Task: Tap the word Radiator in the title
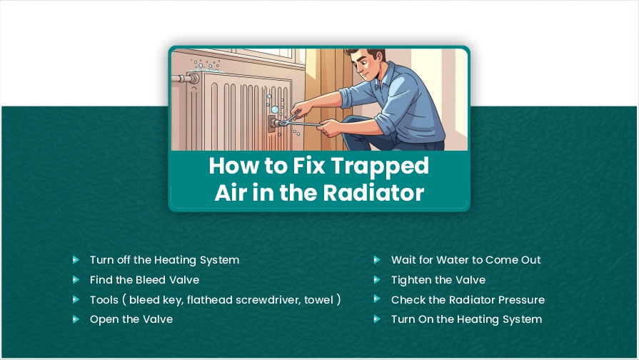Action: (374, 192)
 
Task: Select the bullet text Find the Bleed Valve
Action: (144, 280)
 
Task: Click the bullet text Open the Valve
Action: (131, 319)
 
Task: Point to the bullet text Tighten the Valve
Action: (438, 280)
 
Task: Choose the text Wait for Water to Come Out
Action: (466, 260)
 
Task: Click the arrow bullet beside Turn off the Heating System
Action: (76, 260)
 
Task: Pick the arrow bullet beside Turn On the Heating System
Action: (377, 319)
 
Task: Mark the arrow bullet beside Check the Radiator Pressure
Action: (377, 299)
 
